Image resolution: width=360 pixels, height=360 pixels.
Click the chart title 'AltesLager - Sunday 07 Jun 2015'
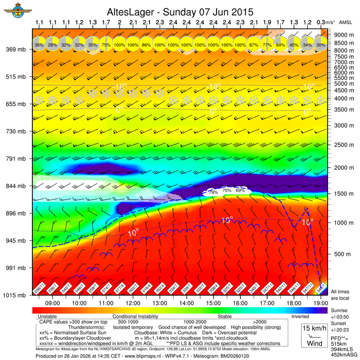click(x=180, y=11)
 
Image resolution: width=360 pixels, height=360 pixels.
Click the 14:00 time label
click(x=186, y=303)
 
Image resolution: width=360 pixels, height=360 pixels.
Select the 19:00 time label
click(x=320, y=303)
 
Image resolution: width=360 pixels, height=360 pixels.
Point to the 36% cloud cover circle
click(x=39, y=45)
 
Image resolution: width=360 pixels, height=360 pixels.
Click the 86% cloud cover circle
click(x=146, y=45)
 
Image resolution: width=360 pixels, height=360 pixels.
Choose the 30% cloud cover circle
click(x=321, y=45)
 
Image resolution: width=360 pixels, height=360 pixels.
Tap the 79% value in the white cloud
click(x=213, y=191)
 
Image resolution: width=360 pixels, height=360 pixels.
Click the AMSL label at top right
click(x=345, y=22)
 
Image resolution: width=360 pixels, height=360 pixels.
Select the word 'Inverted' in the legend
click(x=300, y=316)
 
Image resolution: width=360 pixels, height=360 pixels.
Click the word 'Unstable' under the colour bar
click(x=47, y=316)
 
